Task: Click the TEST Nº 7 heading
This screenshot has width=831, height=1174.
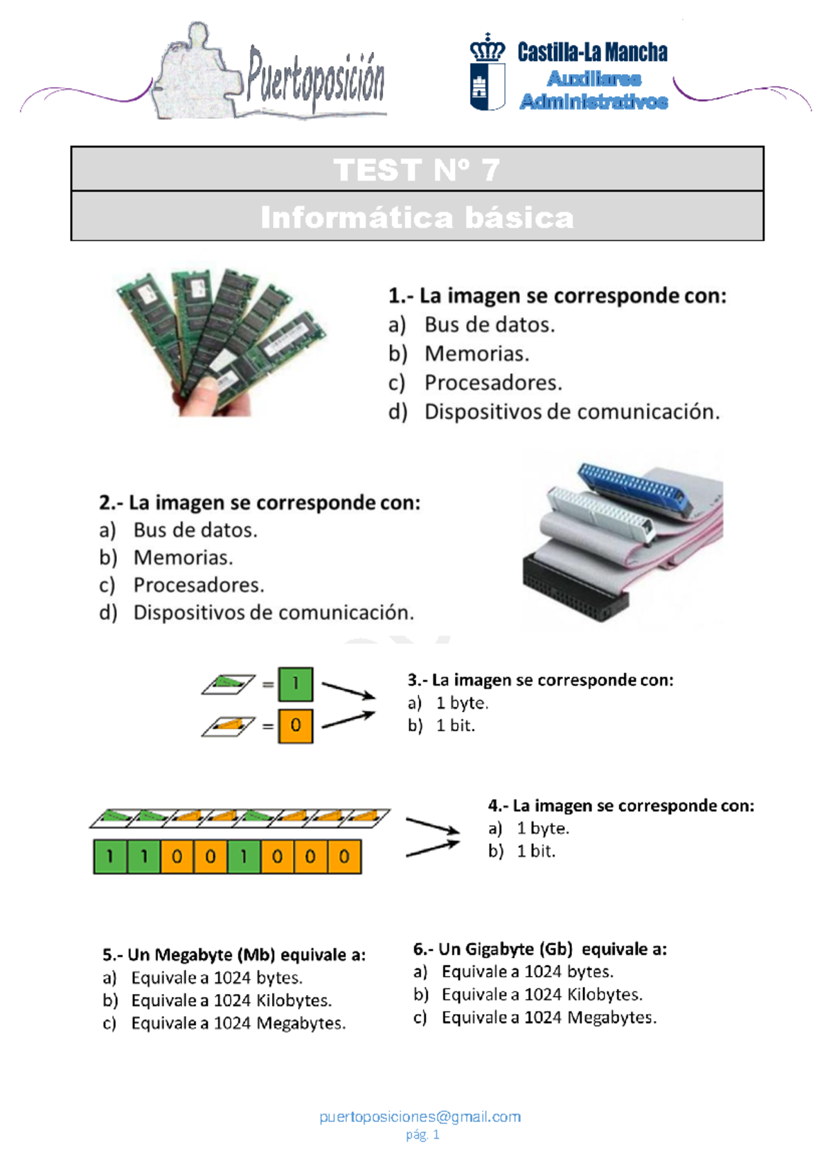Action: pos(417,170)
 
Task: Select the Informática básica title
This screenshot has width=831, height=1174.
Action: pos(417,217)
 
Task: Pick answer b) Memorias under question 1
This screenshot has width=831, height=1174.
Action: pos(476,354)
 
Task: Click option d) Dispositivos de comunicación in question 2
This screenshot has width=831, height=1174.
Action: pos(273,613)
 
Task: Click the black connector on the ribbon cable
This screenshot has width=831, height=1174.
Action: pos(575,585)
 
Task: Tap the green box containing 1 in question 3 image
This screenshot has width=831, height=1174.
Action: pos(296,684)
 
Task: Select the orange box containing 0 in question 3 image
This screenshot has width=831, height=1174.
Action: pos(296,725)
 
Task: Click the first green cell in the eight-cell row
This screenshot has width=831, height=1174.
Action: pos(111,856)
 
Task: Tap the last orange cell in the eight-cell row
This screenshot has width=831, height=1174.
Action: pos(344,856)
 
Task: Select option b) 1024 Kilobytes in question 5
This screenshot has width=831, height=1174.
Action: pos(231,1000)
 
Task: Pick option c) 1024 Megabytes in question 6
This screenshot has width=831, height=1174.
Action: pos(548,1018)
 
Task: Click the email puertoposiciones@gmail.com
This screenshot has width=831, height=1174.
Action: pos(420,1117)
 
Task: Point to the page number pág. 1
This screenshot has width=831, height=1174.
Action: pos(422,1135)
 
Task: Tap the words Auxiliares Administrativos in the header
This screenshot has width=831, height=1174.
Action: pos(593,90)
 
